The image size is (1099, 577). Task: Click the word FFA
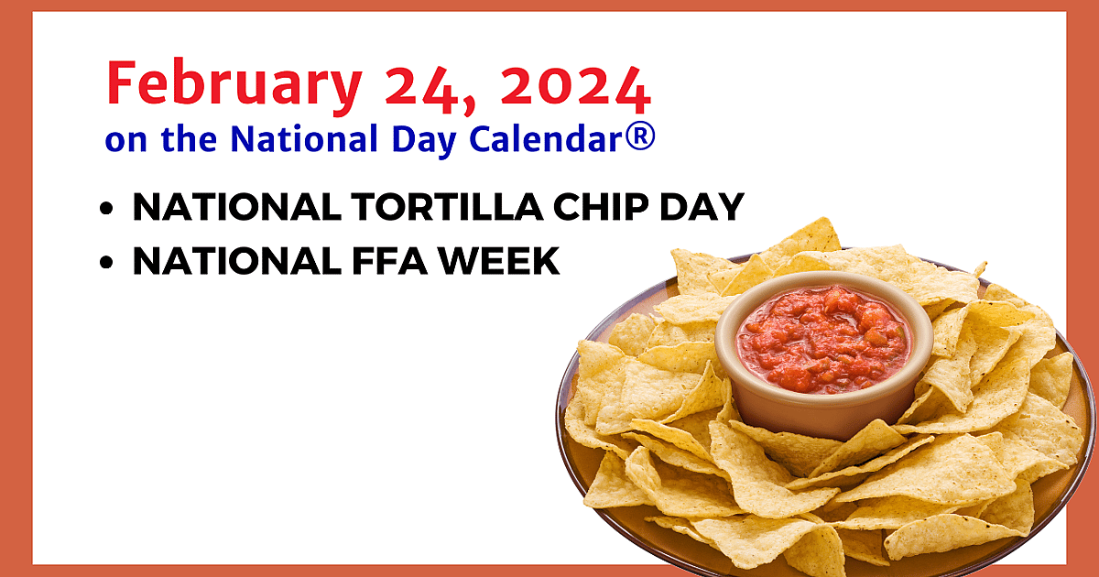click(390, 261)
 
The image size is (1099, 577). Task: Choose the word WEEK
click(498, 261)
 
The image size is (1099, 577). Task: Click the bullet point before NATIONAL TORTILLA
click(106, 208)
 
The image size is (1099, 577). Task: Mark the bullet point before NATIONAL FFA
click(106, 263)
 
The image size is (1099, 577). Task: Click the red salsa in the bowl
click(824, 340)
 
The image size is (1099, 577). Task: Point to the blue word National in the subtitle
click(304, 138)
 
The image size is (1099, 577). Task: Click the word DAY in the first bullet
click(702, 207)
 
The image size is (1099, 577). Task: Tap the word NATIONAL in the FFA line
click(237, 261)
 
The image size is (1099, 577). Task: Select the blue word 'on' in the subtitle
click(126, 142)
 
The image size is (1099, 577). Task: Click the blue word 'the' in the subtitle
click(189, 138)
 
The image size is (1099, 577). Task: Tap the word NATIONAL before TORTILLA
click(237, 207)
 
